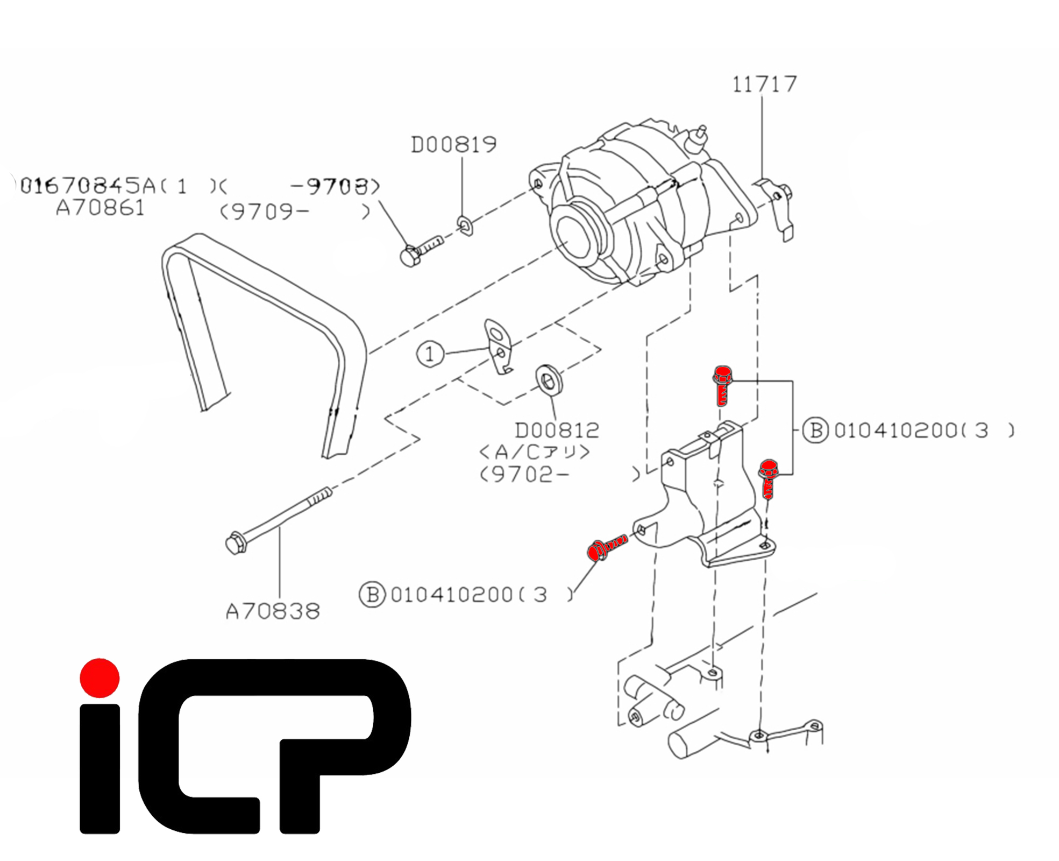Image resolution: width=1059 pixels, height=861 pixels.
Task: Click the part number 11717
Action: pyautogui.click(x=764, y=84)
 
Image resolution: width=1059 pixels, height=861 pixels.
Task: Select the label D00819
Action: pyautogui.click(x=453, y=145)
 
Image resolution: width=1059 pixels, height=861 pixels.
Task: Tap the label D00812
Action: pyautogui.click(x=557, y=430)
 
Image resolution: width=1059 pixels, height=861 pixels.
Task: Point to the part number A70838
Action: pyautogui.click(x=273, y=611)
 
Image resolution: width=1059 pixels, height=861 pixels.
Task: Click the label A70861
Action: pyautogui.click(x=101, y=208)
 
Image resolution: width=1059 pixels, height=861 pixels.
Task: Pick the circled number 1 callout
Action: pyautogui.click(x=430, y=354)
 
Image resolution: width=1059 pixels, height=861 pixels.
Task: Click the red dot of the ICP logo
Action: pyautogui.click(x=99, y=677)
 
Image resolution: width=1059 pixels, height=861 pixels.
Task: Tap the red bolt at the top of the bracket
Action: pyautogui.click(x=722, y=384)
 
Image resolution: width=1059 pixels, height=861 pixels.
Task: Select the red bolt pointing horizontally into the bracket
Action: pyautogui.click(x=607, y=548)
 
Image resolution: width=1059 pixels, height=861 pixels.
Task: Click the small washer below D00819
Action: pyautogui.click(x=465, y=225)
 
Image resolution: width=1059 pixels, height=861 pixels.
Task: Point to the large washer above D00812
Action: pyautogui.click(x=549, y=379)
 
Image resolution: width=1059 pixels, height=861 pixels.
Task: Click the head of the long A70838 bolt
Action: pyautogui.click(x=236, y=544)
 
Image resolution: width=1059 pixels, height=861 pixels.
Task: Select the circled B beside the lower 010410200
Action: pyautogui.click(x=372, y=594)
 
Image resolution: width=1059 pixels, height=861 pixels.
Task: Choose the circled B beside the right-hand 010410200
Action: pyautogui.click(x=815, y=430)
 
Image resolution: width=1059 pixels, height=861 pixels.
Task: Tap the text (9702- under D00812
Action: pyautogui.click(x=524, y=475)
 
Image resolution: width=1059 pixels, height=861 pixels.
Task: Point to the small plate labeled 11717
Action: pyautogui.click(x=777, y=207)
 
